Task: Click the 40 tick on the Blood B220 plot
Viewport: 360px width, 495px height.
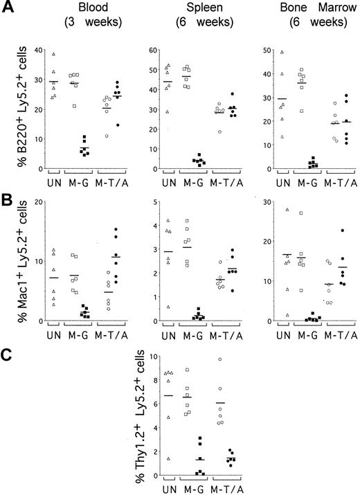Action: pyautogui.click(x=36, y=51)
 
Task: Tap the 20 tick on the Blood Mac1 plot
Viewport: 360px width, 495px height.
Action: pyautogui.click(x=36, y=201)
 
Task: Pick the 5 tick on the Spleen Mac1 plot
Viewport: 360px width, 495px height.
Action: pyautogui.click(x=148, y=201)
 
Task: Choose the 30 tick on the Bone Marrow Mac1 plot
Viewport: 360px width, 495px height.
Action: pyautogui.click(x=256, y=201)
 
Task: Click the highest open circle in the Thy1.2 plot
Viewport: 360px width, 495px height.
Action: pyautogui.click(x=219, y=359)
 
